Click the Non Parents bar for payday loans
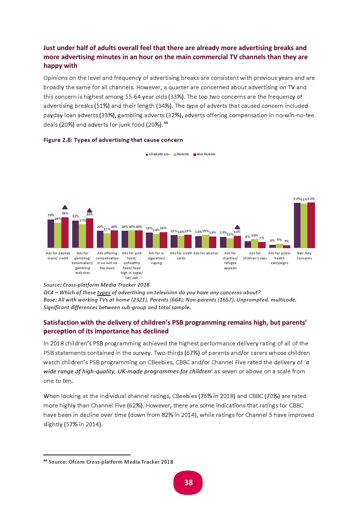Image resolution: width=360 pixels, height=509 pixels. click(x=65, y=233)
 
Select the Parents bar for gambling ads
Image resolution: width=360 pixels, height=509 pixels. click(x=82, y=236)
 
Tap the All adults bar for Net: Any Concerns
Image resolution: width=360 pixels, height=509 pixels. click(x=297, y=225)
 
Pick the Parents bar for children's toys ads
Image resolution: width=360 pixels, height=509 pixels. click(x=255, y=243)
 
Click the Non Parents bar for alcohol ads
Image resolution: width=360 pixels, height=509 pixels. click(x=213, y=242)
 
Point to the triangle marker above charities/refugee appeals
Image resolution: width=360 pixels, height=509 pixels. click(x=237, y=227)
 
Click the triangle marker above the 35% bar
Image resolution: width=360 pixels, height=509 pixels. click(x=65, y=207)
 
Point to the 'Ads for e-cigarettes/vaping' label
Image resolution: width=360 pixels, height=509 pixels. click(x=156, y=258)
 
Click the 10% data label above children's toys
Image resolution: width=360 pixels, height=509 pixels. click(x=255, y=236)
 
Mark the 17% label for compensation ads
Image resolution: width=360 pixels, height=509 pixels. click(x=107, y=229)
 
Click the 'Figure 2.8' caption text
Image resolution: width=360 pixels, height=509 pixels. click(x=113, y=140)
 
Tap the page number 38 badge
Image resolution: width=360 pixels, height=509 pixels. click(x=188, y=483)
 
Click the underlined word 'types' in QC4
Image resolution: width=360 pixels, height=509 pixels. click(x=103, y=292)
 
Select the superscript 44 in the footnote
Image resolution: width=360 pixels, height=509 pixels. click(x=45, y=461)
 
